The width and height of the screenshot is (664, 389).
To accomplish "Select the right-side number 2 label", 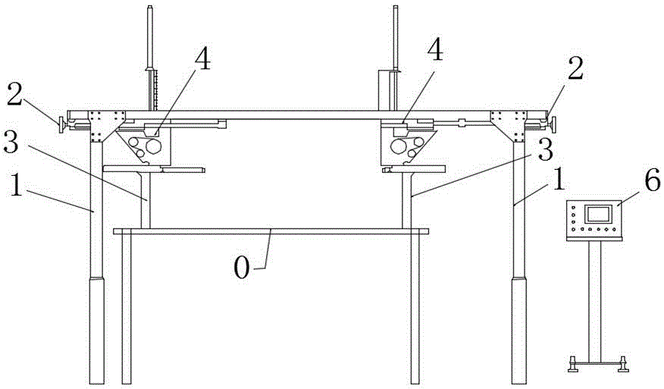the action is click(576, 73).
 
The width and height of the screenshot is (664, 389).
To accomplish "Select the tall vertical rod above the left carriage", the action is click(150, 53).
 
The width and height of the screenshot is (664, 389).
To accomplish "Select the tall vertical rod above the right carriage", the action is click(396, 45).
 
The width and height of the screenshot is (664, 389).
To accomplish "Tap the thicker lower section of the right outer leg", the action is click(518, 330).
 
